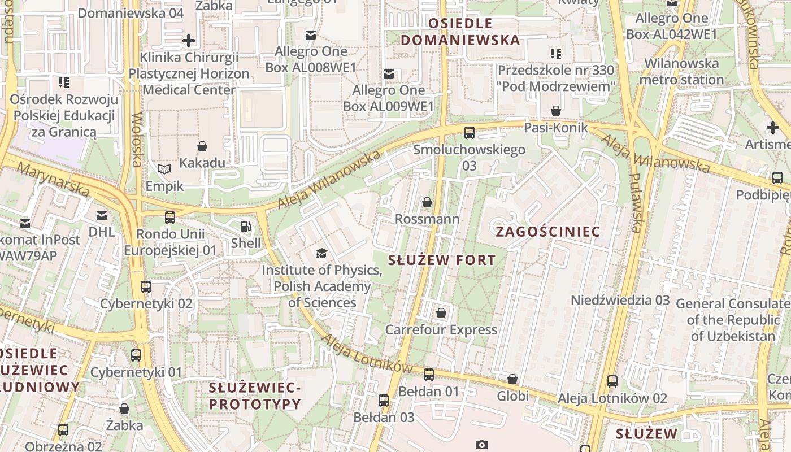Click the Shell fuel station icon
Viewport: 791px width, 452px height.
[x=246, y=227]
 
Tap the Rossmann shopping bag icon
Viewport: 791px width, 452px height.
[x=427, y=202]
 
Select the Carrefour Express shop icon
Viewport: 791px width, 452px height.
[x=441, y=313]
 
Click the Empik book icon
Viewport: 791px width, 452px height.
[x=164, y=169]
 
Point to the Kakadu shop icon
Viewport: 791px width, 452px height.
[x=202, y=147]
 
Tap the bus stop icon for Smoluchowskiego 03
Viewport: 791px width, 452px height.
[x=469, y=133]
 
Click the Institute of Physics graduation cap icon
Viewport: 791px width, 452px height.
[x=321, y=253]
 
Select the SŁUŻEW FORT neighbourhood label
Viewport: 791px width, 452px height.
[x=442, y=260]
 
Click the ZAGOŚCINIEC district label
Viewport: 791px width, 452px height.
[x=547, y=232]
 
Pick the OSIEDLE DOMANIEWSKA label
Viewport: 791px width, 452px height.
[x=460, y=32]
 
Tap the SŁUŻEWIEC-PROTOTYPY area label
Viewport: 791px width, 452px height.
[x=255, y=396]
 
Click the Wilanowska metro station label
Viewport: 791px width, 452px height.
[x=681, y=71]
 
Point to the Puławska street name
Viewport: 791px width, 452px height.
[x=636, y=203]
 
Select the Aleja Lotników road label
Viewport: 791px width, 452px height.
[x=367, y=351]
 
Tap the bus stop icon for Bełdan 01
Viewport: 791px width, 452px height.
[x=429, y=374]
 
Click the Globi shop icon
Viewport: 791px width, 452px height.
[x=512, y=379]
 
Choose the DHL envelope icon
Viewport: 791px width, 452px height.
[x=102, y=215]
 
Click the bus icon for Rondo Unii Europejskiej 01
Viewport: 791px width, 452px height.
[x=170, y=218]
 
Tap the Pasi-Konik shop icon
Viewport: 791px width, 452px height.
[x=556, y=110]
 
